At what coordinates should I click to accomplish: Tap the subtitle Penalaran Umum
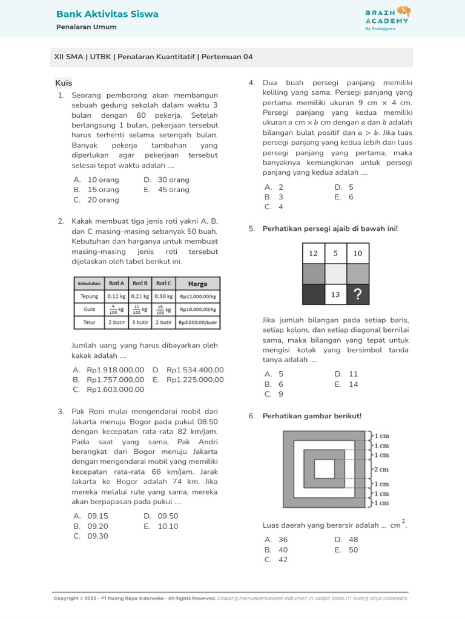tap(87, 27)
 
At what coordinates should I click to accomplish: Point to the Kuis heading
tap(64, 83)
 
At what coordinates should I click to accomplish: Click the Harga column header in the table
tap(197, 283)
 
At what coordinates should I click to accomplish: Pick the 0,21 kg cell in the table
tap(139, 296)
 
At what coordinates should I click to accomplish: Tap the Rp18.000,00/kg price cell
tap(197, 309)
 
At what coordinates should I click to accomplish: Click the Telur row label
tap(89, 323)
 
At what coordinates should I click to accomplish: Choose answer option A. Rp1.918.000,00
tap(108, 370)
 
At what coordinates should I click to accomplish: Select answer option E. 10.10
tap(161, 526)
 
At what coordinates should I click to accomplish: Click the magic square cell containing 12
tap(313, 253)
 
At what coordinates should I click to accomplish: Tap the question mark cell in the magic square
tap(358, 294)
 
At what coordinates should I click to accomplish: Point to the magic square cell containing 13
tap(335, 294)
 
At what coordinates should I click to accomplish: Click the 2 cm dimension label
tap(381, 469)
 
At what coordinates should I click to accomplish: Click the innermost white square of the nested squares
tap(324, 468)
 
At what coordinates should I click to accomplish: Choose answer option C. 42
tap(275, 560)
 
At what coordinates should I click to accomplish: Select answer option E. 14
tap(346, 384)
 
